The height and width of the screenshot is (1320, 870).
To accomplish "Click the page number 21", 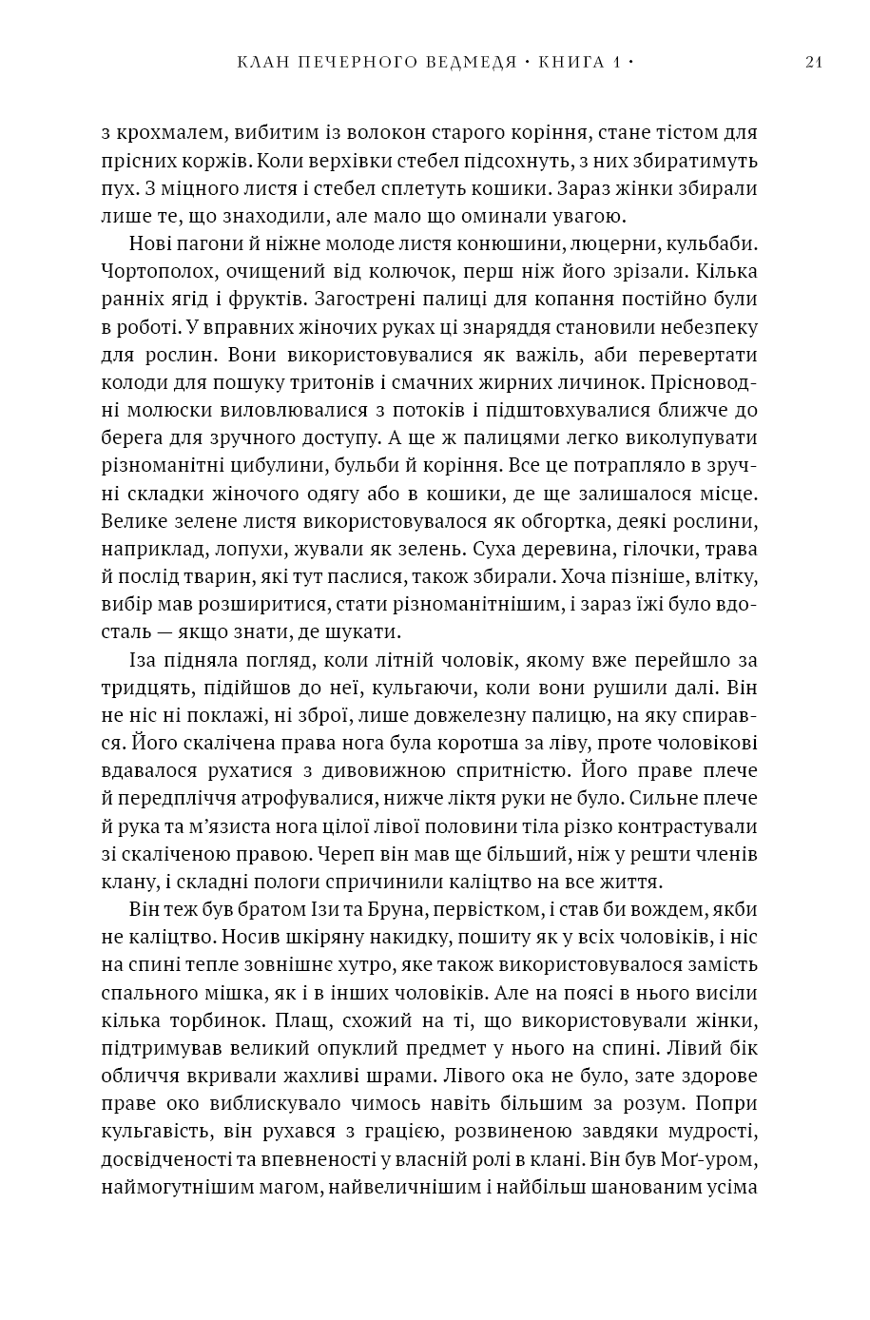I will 813,63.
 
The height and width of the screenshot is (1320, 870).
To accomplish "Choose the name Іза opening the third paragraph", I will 142,659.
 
